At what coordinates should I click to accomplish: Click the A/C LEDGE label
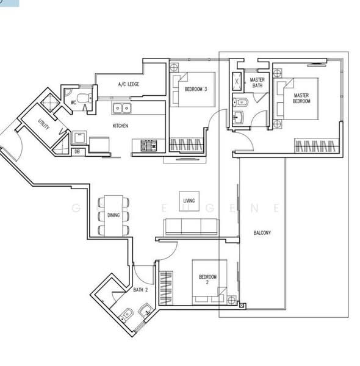pos(129,84)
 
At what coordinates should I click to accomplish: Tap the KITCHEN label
pos(120,126)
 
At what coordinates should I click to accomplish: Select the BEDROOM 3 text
pos(196,90)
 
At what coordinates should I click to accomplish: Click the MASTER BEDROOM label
pos(301,98)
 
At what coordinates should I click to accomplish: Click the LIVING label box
pos(189,200)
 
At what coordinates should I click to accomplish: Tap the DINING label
pos(113,215)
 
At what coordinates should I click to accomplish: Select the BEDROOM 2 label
pos(207,280)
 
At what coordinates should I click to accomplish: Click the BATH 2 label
pos(140,290)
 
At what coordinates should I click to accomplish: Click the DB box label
pos(76,152)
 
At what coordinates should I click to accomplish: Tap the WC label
pos(73,102)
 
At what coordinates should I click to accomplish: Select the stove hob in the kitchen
pos(149,145)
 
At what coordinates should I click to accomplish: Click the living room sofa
pos(190,227)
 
